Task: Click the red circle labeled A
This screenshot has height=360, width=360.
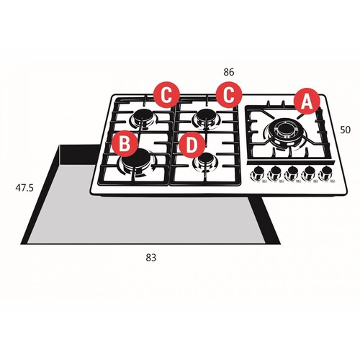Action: (307, 102)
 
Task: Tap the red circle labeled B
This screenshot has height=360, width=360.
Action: (125, 144)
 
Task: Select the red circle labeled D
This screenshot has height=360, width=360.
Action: (191, 144)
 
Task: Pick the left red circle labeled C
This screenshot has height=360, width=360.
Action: (166, 94)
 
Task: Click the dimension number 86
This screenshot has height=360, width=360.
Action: (229, 73)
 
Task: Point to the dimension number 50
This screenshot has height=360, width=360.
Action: (345, 130)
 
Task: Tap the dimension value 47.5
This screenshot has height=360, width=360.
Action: (24, 188)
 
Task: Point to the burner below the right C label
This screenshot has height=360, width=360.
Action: (207, 117)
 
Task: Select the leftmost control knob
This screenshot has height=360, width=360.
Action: (256, 174)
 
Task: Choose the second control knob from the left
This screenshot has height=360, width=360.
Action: (274, 174)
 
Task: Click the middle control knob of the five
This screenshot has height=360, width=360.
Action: (292, 174)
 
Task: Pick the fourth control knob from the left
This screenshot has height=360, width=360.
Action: (310, 174)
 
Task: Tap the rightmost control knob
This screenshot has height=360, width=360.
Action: (328, 174)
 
